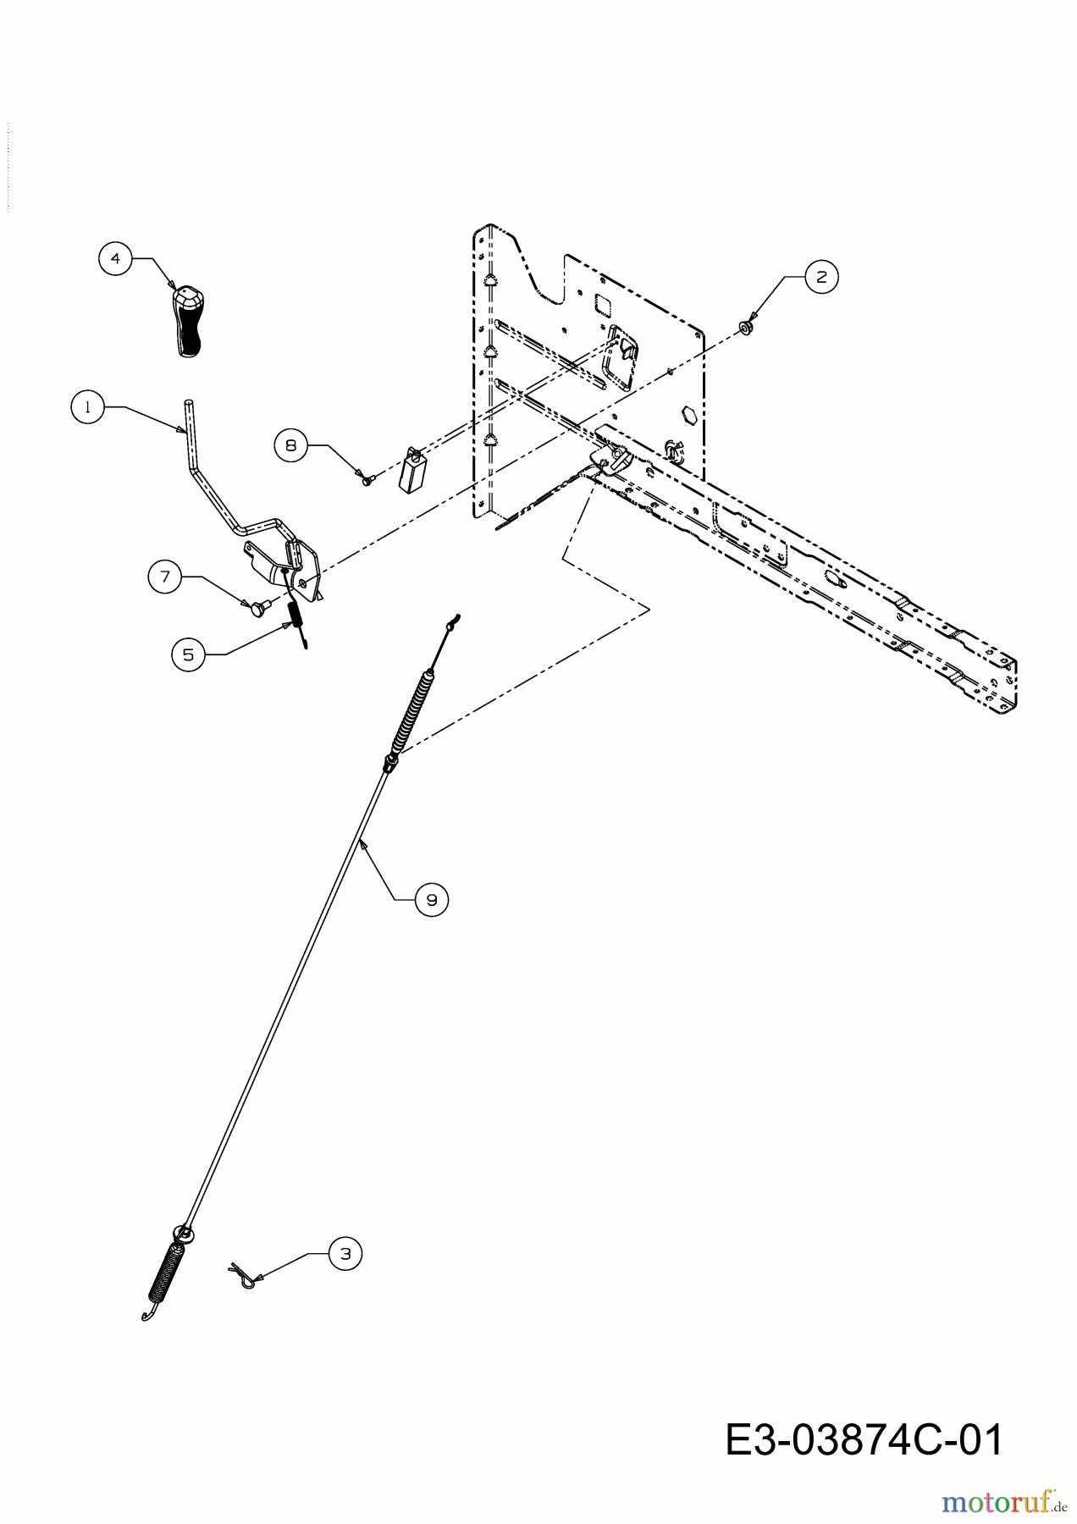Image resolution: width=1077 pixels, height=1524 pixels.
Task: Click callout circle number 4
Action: (x=115, y=258)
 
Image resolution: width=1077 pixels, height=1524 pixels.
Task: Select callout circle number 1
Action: (x=87, y=406)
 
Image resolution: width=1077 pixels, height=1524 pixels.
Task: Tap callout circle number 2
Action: (x=821, y=276)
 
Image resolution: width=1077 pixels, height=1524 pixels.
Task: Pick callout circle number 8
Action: (x=291, y=444)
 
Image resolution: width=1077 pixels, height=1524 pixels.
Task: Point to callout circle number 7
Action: (x=165, y=577)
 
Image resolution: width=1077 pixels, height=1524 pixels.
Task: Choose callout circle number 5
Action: (x=188, y=654)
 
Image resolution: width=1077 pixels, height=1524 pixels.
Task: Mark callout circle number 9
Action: (x=432, y=899)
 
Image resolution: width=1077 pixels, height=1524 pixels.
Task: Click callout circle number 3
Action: (x=345, y=1254)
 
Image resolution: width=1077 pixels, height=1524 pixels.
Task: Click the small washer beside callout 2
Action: (x=746, y=327)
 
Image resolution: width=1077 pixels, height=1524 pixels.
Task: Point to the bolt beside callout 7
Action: (x=256, y=605)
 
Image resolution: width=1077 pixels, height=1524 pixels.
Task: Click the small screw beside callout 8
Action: (x=366, y=479)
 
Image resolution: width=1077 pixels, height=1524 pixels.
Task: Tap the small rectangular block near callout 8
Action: (x=412, y=471)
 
